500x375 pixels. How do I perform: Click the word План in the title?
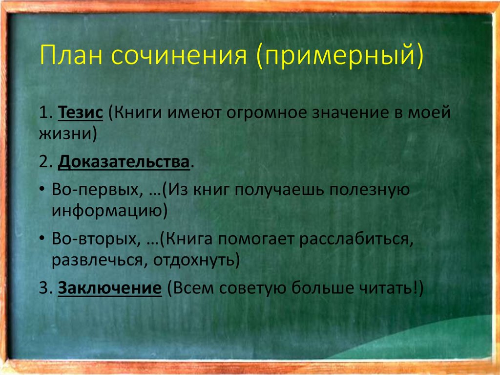71,55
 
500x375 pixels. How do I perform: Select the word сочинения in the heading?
179,56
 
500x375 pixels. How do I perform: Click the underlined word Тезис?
81,113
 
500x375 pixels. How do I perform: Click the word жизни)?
68,133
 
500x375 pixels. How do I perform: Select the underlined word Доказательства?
124,162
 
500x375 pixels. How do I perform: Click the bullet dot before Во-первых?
42,189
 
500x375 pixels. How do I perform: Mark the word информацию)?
110,211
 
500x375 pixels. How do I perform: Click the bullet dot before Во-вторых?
42,238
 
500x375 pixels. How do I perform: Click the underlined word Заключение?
110,288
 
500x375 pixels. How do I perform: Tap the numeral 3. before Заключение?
45,288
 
